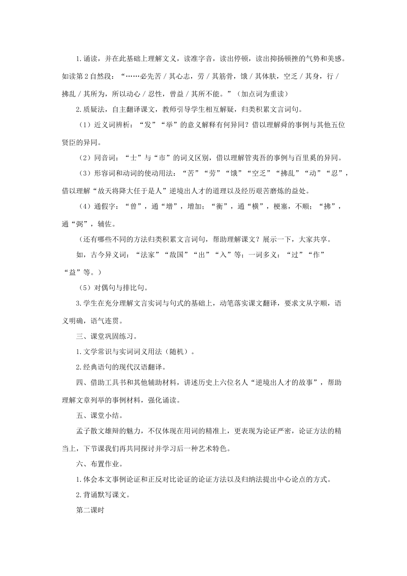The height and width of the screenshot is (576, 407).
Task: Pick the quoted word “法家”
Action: pyautogui.click(x=145, y=255)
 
